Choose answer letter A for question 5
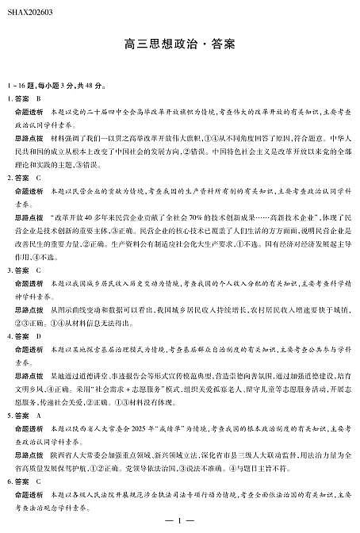point(38,415)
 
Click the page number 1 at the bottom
point(180,520)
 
